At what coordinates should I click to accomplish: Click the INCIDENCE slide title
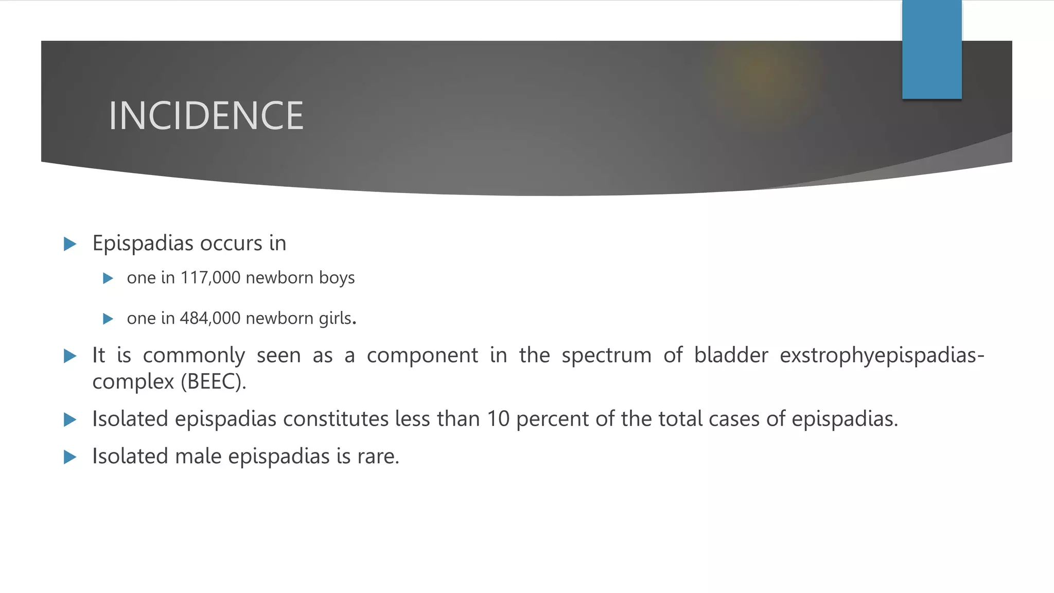pyautogui.click(x=206, y=116)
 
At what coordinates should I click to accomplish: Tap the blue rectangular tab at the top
pyautogui.click(x=932, y=49)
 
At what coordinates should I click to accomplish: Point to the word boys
pyautogui.click(x=337, y=278)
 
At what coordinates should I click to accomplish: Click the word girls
pyautogui.click(x=336, y=319)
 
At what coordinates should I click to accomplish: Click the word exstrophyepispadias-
pyautogui.click(x=882, y=356)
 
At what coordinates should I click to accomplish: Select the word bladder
pyautogui.click(x=731, y=356)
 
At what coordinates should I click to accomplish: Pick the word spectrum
pyautogui.click(x=606, y=356)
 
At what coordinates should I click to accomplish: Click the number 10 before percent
pyautogui.click(x=498, y=419)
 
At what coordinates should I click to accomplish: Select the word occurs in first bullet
pyautogui.click(x=231, y=243)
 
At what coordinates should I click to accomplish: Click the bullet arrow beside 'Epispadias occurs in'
pyautogui.click(x=70, y=244)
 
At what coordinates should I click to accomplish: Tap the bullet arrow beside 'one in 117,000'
pyautogui.click(x=108, y=278)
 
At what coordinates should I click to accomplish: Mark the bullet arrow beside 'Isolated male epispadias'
pyautogui.click(x=70, y=457)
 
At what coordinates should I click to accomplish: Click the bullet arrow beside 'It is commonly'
pyautogui.click(x=70, y=356)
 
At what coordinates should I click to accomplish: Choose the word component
pyautogui.click(x=422, y=356)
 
